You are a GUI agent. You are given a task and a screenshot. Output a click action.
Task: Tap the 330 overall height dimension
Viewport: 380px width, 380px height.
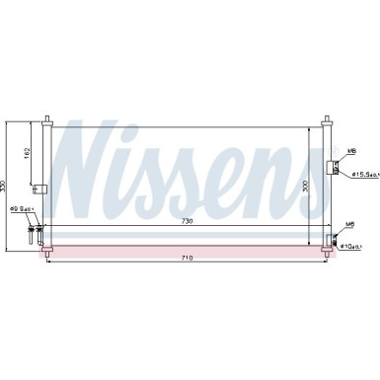click(5, 187)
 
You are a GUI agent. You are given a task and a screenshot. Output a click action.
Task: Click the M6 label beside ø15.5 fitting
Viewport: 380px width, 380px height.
click(351, 151)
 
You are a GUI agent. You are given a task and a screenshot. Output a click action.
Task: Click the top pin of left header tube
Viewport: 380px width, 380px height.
click(45, 119)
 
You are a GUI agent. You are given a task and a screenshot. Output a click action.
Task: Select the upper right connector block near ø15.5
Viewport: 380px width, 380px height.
click(334, 168)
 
